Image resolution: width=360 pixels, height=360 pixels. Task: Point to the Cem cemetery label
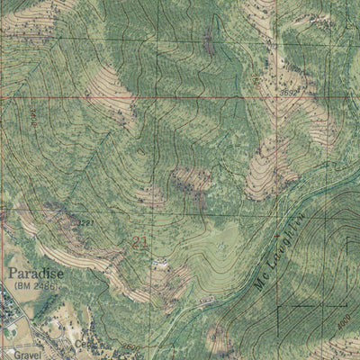click(85, 344)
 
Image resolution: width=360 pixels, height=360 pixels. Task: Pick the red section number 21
click(139, 241)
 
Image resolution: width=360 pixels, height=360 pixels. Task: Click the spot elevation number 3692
click(288, 92)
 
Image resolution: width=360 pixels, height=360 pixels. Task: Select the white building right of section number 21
click(163, 264)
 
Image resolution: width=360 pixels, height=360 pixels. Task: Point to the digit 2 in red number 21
click(135, 241)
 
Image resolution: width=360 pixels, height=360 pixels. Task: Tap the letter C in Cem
click(79, 344)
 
